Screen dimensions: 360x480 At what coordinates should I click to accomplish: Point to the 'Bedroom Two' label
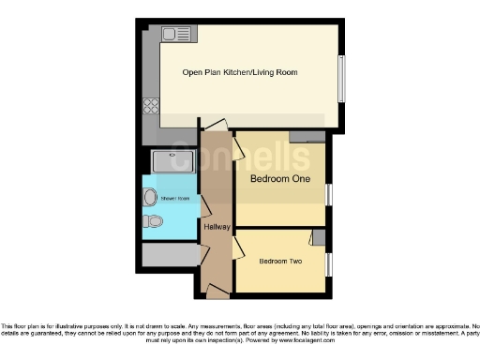coord(279,261)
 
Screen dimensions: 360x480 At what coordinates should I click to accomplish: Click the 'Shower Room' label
coord(176,199)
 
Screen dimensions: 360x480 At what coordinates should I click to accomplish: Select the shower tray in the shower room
coord(171,161)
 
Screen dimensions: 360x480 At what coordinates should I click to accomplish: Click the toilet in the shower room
coord(154,221)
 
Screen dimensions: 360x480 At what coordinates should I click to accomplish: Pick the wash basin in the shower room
coord(151,196)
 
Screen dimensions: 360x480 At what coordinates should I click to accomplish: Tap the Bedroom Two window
coord(327,265)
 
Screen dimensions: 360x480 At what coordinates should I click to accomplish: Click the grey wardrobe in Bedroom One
coord(307,137)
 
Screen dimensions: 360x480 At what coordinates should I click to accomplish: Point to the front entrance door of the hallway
coord(217,293)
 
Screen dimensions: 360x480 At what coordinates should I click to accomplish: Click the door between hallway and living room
coord(215,127)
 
